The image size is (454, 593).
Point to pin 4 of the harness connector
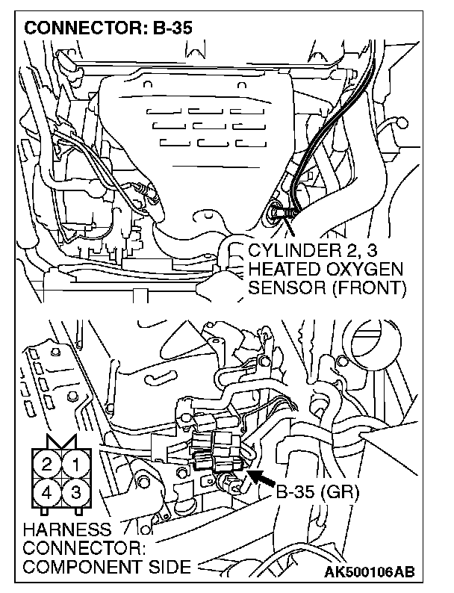[x=47, y=492]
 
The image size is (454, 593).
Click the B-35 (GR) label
[x=318, y=493]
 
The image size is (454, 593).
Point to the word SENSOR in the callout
[x=284, y=287]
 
